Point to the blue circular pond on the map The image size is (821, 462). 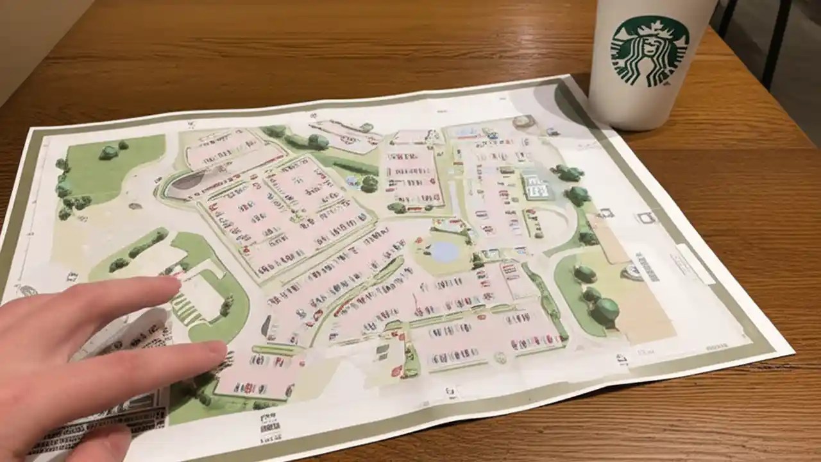[445, 251]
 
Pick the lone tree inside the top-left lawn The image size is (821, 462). [108, 152]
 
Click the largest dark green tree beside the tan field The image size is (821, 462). [605, 311]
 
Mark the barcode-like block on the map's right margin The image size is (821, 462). [648, 267]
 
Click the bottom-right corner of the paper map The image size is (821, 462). [793, 353]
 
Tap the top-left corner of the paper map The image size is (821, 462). [32, 131]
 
